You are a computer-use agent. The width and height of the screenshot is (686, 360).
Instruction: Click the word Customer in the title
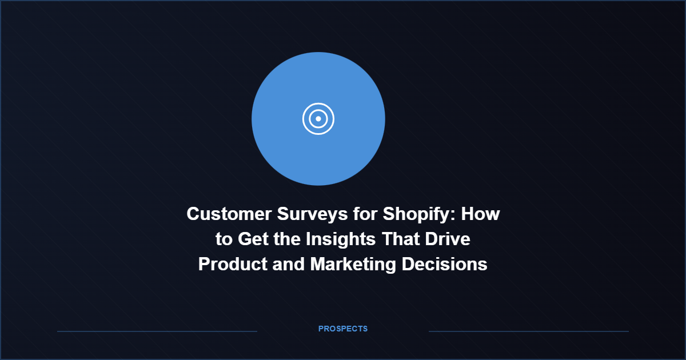coord(229,214)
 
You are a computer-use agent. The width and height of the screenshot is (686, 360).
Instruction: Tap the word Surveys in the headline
coord(312,214)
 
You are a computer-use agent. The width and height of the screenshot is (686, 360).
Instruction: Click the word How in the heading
coord(481,214)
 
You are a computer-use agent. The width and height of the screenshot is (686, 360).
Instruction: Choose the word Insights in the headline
coord(341,239)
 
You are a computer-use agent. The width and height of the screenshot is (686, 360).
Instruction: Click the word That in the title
coord(401,239)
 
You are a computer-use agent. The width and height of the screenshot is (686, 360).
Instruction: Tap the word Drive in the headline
coord(448,239)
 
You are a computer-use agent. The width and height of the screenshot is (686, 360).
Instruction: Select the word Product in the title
coord(233,264)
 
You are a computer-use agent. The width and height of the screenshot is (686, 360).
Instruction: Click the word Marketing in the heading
coord(353,264)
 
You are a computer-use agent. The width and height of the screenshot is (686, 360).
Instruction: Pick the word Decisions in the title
coord(444,264)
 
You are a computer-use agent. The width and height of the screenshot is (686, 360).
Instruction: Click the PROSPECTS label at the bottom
coord(343,329)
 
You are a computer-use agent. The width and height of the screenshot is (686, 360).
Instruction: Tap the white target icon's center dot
coord(318,119)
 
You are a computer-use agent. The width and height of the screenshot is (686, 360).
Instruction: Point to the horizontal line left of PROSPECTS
coord(157,331)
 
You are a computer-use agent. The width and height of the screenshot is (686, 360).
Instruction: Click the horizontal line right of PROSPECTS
coord(529,331)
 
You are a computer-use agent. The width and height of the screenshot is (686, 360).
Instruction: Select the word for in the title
coord(365,214)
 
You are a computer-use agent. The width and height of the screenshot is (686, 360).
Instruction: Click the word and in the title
coord(289,264)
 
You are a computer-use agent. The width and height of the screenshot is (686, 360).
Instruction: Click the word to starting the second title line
coord(224,239)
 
